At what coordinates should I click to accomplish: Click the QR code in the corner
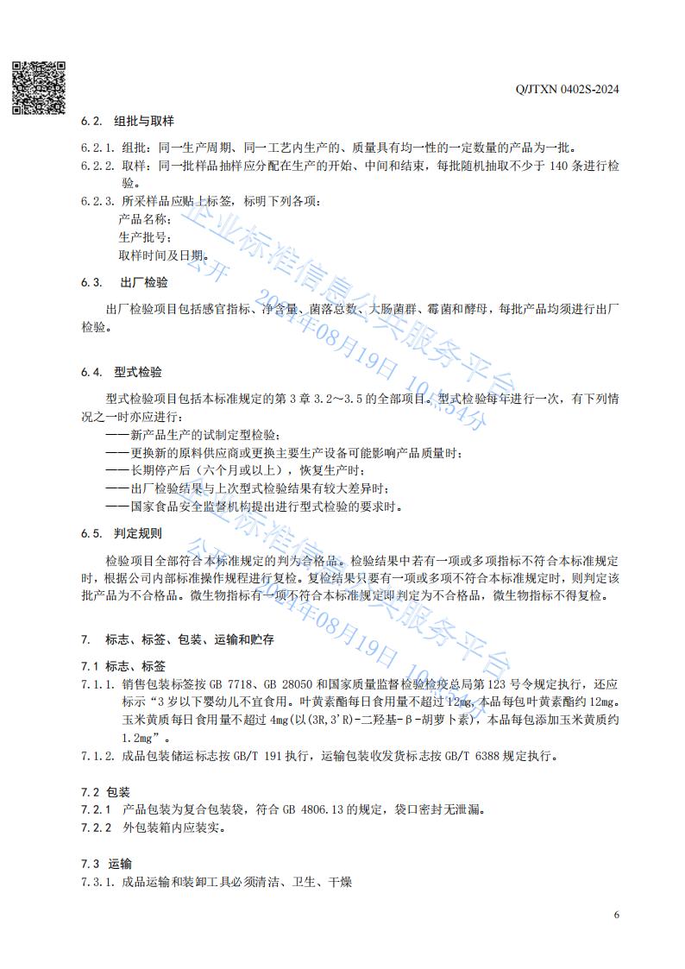(38, 87)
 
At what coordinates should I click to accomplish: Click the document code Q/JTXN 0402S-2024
(567, 89)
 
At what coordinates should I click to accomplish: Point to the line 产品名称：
(146, 219)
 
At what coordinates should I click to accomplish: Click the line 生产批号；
(146, 237)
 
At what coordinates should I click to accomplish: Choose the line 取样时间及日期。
(164, 255)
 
